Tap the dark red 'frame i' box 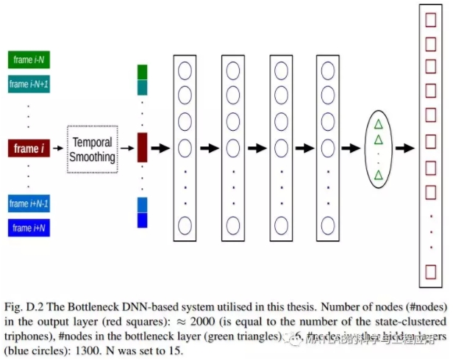29,149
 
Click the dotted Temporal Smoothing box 92,149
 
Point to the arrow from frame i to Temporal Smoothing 58,149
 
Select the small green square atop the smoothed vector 143,71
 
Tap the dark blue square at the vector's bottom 143,220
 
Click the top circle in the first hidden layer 184,71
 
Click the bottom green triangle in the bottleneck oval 379,175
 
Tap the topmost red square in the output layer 431,15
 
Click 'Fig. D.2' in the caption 25,306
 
